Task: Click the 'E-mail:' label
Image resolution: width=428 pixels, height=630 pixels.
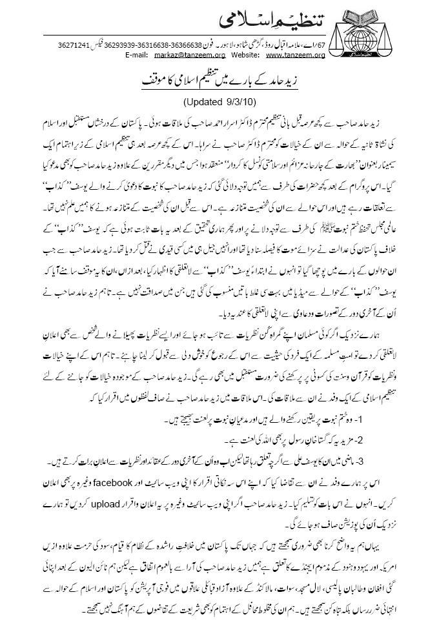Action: [x=137, y=56]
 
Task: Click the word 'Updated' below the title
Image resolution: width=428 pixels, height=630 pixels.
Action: [x=201, y=101]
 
